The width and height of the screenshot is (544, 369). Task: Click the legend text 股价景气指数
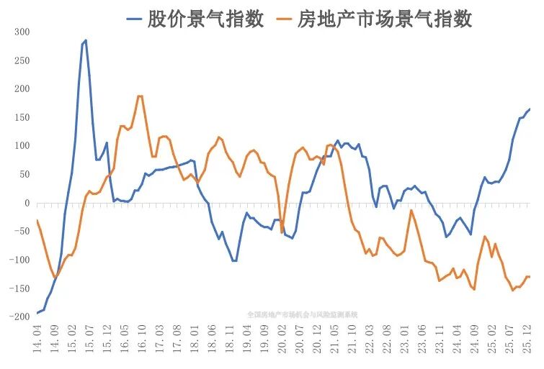(206, 18)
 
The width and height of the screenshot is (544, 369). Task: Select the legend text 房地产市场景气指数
(385, 18)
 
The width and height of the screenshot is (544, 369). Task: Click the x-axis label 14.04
(37, 338)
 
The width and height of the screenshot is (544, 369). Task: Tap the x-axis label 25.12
(529, 338)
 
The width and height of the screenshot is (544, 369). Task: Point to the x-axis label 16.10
(142, 338)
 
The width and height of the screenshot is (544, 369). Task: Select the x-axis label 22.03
(370, 338)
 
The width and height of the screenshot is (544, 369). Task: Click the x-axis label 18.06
(212, 338)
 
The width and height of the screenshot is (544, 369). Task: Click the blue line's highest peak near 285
(86, 40)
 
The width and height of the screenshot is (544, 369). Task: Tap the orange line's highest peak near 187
(140, 96)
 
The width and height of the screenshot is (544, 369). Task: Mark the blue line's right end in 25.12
(530, 109)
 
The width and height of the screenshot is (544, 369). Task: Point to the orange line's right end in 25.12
(530, 277)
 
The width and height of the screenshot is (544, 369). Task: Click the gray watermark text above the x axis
(302, 314)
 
